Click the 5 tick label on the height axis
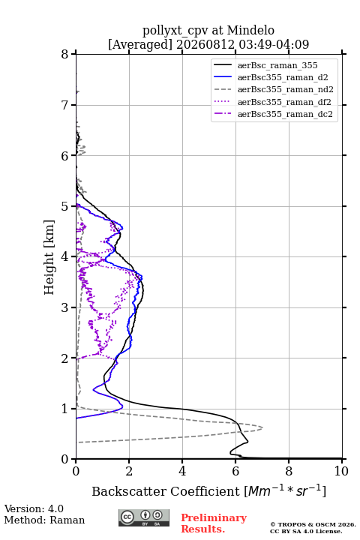(x=65, y=206)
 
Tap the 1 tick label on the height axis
(x=65, y=409)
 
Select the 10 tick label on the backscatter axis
(x=341, y=471)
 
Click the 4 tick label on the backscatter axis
(x=182, y=471)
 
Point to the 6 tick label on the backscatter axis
(x=235, y=471)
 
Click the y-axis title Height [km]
(x=49, y=257)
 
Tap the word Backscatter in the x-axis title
(x=130, y=491)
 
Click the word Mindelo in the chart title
(x=250, y=30)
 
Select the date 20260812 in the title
(x=205, y=44)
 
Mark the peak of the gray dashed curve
(x=262, y=428)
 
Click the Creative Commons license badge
(x=144, y=518)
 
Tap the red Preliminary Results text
(x=214, y=523)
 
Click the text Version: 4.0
(x=34, y=508)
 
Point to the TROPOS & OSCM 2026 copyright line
(x=313, y=524)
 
